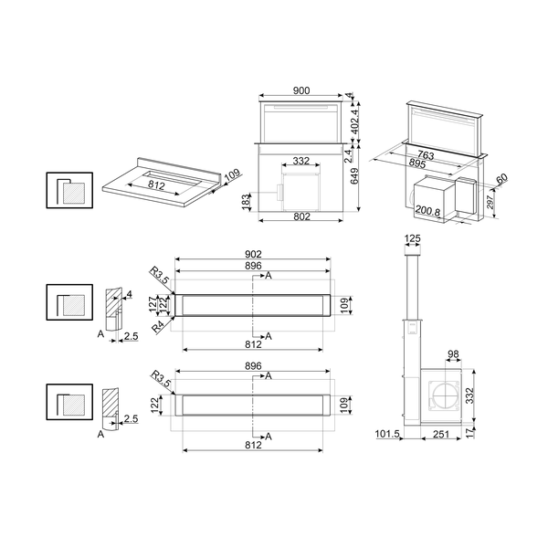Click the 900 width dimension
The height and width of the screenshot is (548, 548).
[302, 90]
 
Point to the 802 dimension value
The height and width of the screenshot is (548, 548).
[302, 216]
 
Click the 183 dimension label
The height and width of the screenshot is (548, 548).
[246, 199]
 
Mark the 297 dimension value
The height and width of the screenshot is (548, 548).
[490, 201]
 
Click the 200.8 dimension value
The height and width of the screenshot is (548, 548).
[427, 210]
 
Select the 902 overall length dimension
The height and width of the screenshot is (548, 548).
[254, 254]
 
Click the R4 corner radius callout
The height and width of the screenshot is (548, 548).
[158, 324]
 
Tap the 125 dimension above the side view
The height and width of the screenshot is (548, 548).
[412, 239]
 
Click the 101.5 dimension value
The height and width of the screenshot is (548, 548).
[387, 435]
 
